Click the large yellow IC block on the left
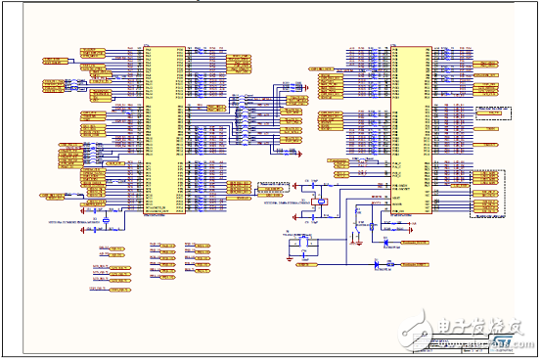162,128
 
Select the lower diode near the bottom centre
377,263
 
